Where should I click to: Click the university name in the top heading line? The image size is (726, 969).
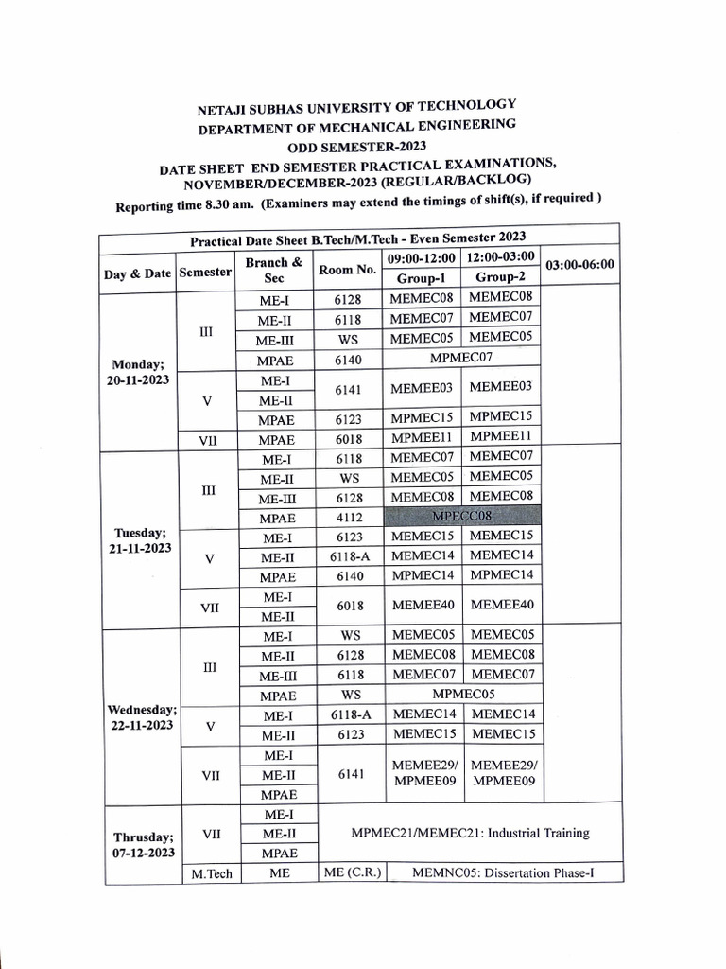pos(356,106)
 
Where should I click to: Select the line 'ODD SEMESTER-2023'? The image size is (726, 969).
pos(357,146)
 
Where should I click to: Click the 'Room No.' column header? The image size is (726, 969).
pos(347,270)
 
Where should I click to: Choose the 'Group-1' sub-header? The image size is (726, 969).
pos(422,278)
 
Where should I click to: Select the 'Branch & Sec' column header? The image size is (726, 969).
pos(273,270)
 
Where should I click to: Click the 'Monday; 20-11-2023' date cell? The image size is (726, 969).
pos(138,371)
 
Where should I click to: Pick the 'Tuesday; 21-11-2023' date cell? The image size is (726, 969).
pos(138,540)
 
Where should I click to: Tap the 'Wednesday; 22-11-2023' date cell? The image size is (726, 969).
pos(140,716)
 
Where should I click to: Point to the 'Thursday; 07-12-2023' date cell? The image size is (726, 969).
pos(143,844)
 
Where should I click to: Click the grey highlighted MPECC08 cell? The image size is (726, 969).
pos(461,516)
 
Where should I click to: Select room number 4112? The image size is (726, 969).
pos(348,518)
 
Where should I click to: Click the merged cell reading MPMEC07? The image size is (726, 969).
pos(461,358)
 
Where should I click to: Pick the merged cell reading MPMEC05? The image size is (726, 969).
pos(463,694)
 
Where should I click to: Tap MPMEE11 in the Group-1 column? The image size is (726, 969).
pos(422,437)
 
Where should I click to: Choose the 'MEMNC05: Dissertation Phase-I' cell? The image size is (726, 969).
pos(503,872)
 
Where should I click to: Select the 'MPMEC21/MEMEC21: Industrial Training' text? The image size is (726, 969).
pos(470,833)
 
